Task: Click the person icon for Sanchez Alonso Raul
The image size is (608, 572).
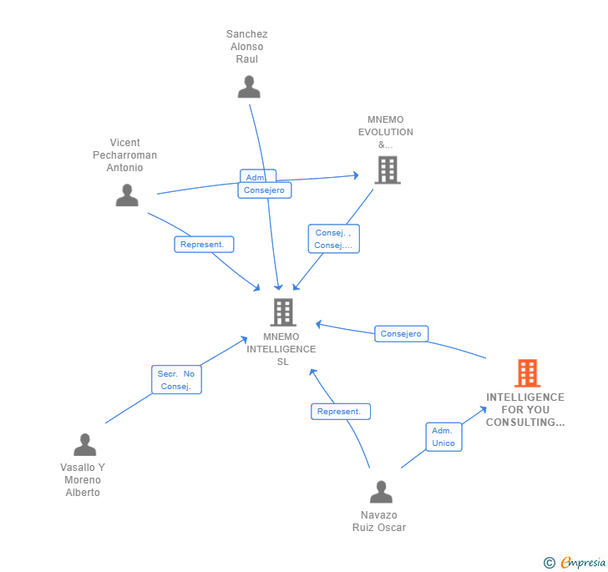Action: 249,87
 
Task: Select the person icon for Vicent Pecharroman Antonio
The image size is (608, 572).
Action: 127,195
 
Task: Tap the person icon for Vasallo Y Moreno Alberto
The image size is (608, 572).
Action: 84,444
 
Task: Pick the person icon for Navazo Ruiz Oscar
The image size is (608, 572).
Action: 381,492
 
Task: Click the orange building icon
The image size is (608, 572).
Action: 527,372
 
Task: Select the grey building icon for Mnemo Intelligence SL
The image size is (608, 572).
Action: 283,312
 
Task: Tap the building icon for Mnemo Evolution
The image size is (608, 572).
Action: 387,170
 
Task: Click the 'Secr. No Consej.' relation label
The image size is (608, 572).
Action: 176,380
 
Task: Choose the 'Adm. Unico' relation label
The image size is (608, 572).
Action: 443,437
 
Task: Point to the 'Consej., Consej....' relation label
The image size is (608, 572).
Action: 333,239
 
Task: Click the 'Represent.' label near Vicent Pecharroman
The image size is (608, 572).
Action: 204,245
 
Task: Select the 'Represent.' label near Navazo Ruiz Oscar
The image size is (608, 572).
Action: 340,412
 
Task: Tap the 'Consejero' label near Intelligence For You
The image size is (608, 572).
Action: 401,334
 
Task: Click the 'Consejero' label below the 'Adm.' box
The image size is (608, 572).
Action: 265,190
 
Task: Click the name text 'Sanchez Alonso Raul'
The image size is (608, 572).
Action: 247,47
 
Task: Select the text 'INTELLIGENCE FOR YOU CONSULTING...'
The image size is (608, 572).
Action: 525,410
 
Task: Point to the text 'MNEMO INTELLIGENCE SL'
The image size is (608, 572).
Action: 282,349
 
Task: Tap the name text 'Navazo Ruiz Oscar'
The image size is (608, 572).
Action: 379,521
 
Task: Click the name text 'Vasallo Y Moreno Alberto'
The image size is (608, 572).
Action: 83,480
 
